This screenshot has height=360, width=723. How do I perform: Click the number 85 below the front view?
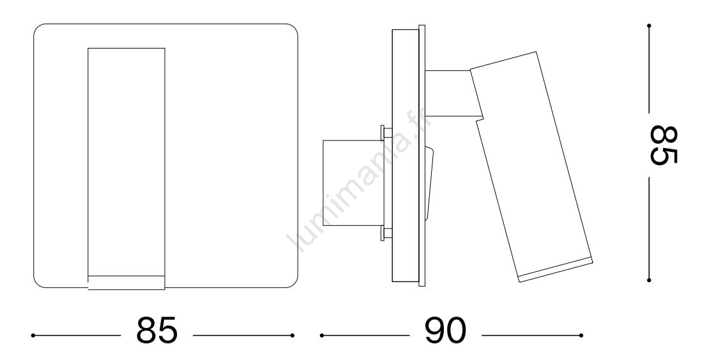(156, 330)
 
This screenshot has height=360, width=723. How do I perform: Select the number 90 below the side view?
(445, 330)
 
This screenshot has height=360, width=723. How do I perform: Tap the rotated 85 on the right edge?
(664, 145)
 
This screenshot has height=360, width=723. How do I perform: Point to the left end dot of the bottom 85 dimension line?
(33, 335)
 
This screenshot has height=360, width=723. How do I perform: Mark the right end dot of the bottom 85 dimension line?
(293, 335)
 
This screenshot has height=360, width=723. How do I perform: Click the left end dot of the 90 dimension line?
(322, 335)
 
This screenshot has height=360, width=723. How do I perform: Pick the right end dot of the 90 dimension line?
(581, 335)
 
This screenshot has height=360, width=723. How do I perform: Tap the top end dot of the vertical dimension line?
(649, 26)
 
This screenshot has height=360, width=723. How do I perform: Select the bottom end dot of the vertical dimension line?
(649, 280)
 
